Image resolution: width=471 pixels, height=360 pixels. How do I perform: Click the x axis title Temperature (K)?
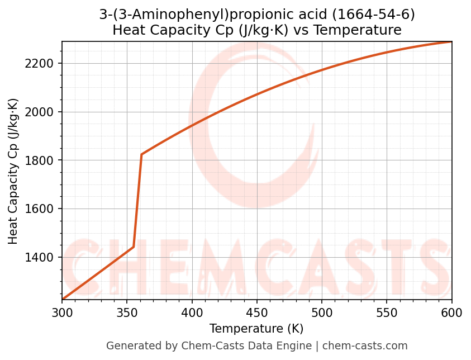(256, 329)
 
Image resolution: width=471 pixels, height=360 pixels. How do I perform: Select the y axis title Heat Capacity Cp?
(13, 171)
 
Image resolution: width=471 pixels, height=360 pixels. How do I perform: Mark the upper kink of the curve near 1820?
(141, 154)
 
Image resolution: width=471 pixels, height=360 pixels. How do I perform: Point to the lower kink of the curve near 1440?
(134, 247)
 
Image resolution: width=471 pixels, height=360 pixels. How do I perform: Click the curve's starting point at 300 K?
(63, 300)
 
